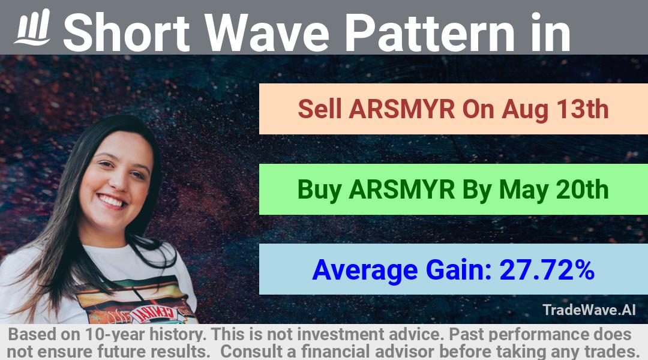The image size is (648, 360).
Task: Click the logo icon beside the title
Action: pos(32,27)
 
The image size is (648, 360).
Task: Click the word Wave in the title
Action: pos(268,32)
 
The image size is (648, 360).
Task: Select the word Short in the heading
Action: pos(127,32)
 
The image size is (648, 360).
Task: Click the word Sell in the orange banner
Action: pos(320,109)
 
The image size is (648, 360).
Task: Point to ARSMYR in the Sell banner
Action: pos(401,109)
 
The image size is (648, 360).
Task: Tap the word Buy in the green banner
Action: pos(319,190)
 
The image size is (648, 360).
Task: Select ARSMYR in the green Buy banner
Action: pos(401,190)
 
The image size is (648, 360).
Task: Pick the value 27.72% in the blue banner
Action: pos(547,270)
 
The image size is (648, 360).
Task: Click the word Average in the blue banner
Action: pos(365,271)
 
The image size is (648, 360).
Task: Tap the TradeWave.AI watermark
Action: pos(589,310)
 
